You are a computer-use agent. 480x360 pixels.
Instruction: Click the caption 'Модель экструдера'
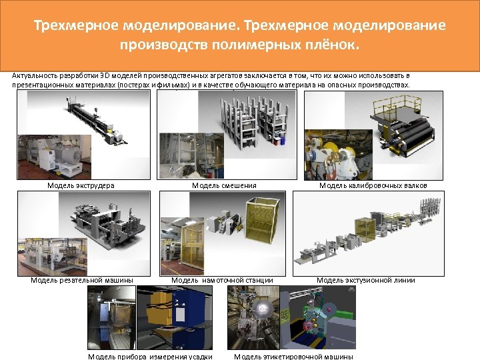(x=81, y=185)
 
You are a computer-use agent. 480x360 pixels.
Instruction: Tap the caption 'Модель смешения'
(x=224, y=185)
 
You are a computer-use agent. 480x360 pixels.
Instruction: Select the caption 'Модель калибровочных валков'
(x=373, y=185)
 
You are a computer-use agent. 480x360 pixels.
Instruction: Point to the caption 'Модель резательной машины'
(x=82, y=280)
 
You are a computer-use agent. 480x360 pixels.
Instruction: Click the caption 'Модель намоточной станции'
(x=222, y=280)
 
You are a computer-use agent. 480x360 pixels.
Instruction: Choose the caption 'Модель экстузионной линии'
(x=366, y=280)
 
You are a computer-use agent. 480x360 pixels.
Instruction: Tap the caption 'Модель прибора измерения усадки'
(x=150, y=356)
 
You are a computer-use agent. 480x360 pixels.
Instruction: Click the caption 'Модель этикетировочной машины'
(x=293, y=356)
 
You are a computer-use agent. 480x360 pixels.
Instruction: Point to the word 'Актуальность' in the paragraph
(x=35, y=75)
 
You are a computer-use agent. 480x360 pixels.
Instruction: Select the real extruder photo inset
(x=55, y=157)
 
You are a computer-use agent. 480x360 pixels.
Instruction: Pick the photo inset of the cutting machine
(x=53, y=257)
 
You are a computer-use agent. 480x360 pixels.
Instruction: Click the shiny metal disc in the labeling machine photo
(x=263, y=309)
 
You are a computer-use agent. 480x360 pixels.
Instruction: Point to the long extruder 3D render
(x=97, y=120)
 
